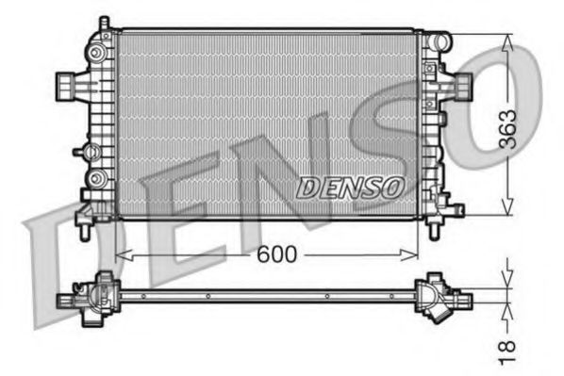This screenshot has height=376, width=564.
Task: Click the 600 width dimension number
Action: [274, 254]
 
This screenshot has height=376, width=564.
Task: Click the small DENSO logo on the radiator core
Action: [350, 188]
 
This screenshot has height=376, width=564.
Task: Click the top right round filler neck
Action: [439, 41]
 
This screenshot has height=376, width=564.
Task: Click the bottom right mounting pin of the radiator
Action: [435, 229]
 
